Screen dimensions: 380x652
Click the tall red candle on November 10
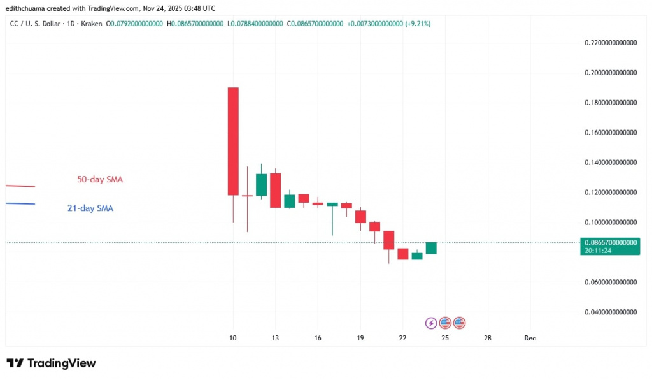coord(233,141)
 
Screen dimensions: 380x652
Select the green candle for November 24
coord(431,248)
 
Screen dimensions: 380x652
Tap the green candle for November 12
coord(261,185)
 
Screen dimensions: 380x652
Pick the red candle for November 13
coord(275,190)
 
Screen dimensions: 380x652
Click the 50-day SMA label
coord(100,180)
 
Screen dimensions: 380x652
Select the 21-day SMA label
coord(90,208)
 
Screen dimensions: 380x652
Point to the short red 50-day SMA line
coord(20,186)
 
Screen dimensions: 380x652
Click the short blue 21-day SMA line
coord(20,204)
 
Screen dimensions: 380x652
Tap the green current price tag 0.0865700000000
coord(609,243)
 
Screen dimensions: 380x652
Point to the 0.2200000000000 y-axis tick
coord(611,43)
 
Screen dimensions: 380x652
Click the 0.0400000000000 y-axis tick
coord(611,312)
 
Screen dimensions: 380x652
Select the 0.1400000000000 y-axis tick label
coord(611,163)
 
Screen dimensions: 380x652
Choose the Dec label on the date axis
coord(530,338)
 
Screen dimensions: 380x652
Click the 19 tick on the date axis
coord(360,338)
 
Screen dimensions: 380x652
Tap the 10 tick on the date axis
coord(233,338)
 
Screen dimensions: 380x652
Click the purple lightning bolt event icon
coord(431,323)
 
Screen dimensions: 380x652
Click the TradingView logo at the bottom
coord(51,363)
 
